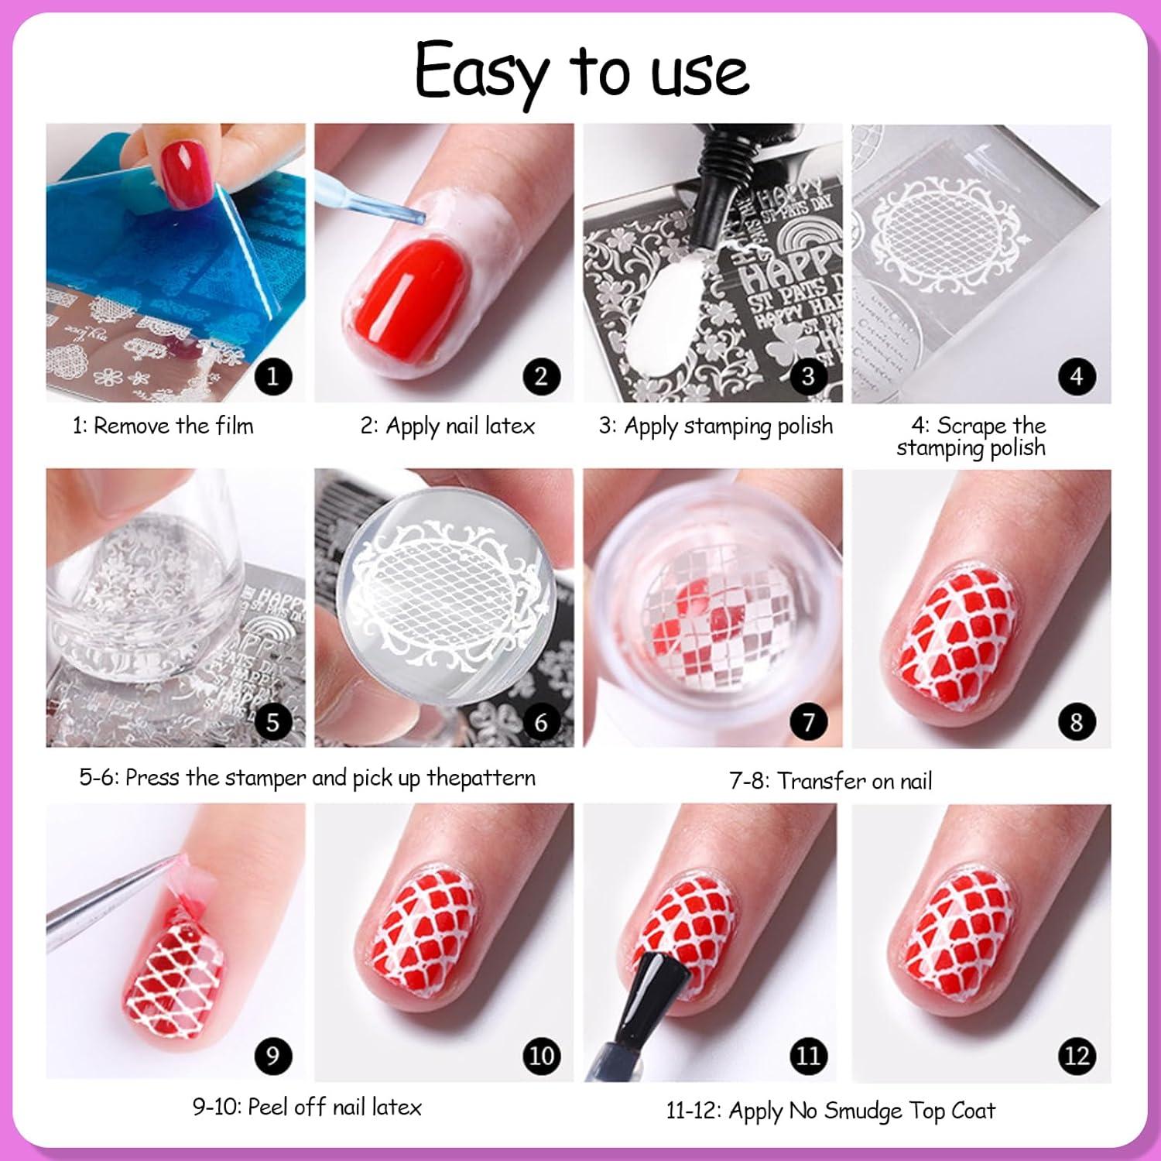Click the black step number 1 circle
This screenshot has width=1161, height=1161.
click(x=272, y=377)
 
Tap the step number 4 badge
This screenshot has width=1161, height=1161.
click(x=1077, y=377)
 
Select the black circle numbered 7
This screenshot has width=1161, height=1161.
click(x=808, y=722)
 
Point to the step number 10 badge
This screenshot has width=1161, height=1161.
click(x=540, y=1056)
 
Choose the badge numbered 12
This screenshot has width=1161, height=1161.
click(x=1077, y=1056)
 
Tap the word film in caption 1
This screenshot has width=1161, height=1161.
click(x=235, y=426)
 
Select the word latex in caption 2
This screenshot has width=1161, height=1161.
click(x=507, y=426)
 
